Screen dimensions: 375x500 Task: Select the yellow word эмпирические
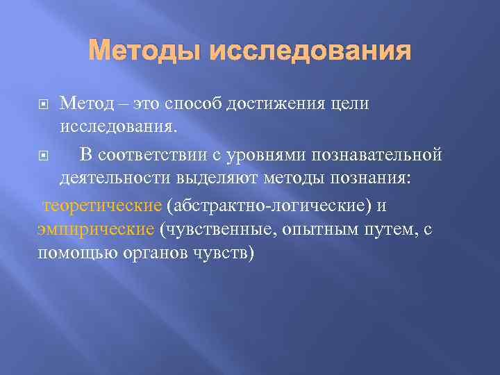[x=95, y=228]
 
